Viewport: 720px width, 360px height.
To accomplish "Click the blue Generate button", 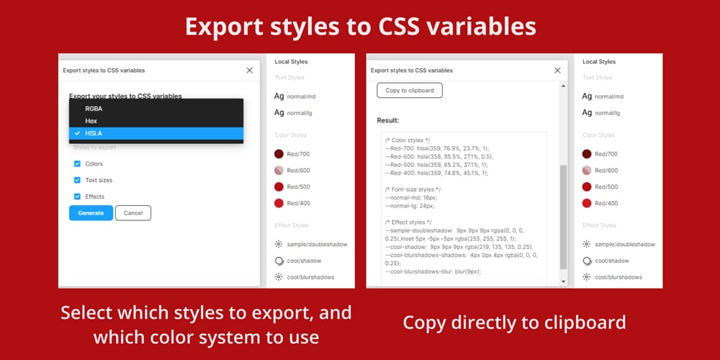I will (x=91, y=213).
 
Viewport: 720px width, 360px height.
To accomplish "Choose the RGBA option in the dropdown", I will (x=94, y=109).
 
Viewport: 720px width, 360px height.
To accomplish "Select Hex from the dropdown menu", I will (x=91, y=121).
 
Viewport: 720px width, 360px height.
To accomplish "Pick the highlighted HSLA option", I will (x=94, y=133).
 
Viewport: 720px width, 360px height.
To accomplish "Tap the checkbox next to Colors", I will (x=77, y=164).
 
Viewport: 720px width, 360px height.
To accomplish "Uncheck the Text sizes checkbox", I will (x=77, y=180).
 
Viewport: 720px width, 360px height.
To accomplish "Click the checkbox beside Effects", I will (x=77, y=197).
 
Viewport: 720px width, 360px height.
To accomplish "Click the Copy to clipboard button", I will (x=410, y=91).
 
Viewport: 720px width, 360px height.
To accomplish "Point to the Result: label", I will (x=388, y=120).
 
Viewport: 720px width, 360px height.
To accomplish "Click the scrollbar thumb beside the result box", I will (x=564, y=216).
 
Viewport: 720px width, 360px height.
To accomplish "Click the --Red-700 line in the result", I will (x=437, y=148).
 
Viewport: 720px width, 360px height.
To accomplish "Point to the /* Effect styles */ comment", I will (x=408, y=222).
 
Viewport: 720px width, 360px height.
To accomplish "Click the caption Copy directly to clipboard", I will (x=514, y=322).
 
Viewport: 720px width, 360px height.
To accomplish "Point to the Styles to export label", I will (x=94, y=148).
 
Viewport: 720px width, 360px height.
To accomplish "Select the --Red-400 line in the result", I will (x=437, y=173).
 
